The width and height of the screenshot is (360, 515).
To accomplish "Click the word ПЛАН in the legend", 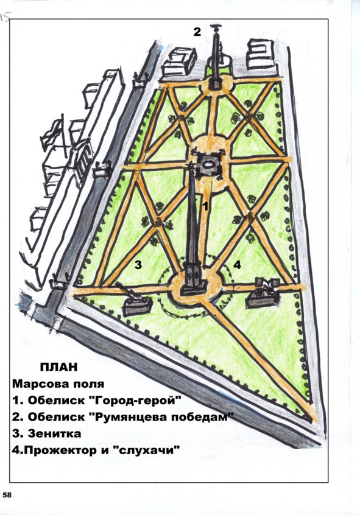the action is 59,367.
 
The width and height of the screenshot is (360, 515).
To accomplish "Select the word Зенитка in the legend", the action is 54,433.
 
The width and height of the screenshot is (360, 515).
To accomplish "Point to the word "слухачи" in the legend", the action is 147,450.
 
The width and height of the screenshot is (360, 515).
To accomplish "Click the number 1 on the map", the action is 205,206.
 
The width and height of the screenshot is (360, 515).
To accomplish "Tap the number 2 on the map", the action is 197,32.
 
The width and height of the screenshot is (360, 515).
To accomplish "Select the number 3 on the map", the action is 138,264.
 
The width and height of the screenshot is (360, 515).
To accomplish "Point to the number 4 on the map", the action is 237,264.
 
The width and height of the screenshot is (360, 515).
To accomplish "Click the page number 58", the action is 7,494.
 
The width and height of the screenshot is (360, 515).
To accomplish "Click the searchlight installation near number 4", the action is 264,292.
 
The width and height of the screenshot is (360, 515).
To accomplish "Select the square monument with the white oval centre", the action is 208,166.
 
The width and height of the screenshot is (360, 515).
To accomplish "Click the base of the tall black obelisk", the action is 193,279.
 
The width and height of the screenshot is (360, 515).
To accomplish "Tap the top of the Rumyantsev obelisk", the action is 216,27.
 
